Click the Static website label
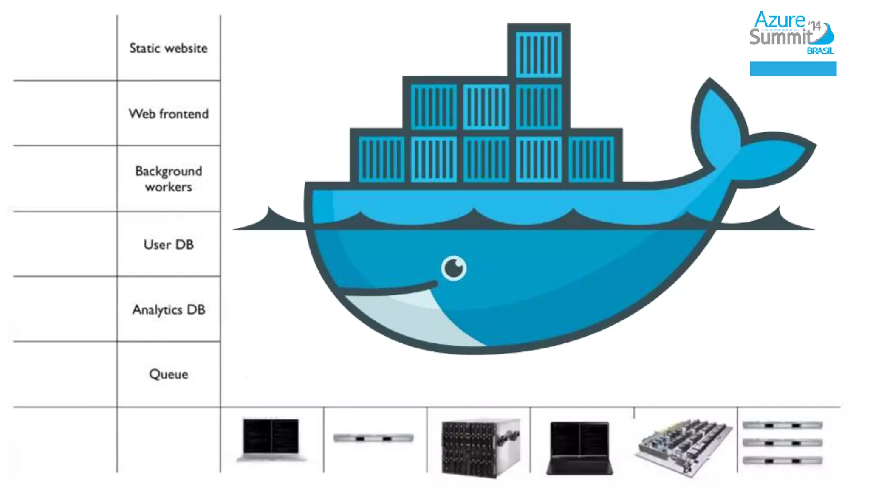point(168,48)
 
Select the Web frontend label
point(168,114)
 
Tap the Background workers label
point(168,179)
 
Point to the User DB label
point(168,244)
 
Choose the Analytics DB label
point(168,309)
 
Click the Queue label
point(168,374)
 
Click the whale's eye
point(454,268)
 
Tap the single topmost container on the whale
point(538,54)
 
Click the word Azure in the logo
point(780,20)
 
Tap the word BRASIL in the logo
point(820,51)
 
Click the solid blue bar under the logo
point(793,69)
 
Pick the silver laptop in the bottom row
point(271,440)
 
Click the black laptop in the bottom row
point(579,447)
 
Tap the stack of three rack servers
point(782,442)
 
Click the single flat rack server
point(373,438)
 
